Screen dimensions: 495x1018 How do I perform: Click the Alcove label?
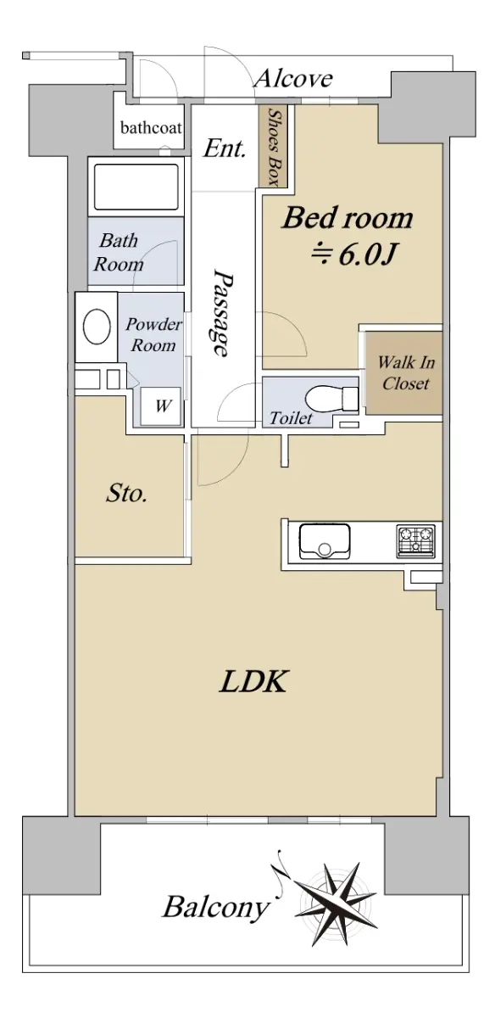coord(293,79)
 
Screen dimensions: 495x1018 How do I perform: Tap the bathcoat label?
coord(151,128)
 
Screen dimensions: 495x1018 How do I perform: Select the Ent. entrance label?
coord(225,148)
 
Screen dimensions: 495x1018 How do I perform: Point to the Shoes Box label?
coord(274,147)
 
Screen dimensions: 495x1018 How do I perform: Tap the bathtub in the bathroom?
coord(136,187)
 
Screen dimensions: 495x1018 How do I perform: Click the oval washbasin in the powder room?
coord(97,327)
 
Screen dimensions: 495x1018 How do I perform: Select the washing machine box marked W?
coord(161,406)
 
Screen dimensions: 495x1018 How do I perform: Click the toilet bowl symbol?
coord(331,399)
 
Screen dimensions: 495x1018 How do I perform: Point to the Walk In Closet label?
coord(405,372)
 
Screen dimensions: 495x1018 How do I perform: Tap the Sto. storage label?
coord(126,494)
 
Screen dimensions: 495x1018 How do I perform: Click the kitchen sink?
coord(325,541)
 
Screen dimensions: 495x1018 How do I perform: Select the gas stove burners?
coord(415,541)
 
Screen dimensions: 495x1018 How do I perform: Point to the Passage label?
coord(223,314)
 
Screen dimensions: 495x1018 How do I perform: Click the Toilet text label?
coord(291,417)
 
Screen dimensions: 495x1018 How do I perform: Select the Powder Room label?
coord(153,334)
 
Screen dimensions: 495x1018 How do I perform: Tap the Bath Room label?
coord(119,252)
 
